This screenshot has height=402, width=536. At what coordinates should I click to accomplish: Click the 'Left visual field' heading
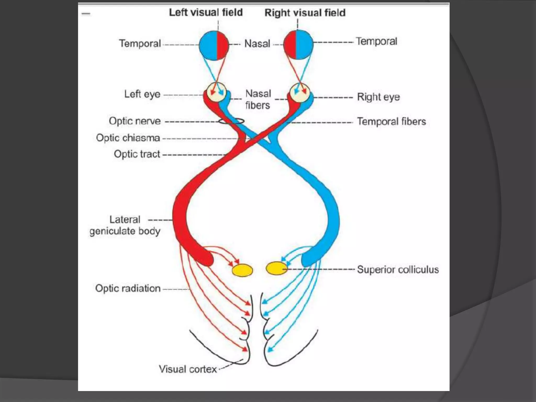click(206, 13)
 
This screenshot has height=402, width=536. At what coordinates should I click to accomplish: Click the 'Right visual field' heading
click(305, 13)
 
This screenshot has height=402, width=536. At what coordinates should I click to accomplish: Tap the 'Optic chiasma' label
click(128, 138)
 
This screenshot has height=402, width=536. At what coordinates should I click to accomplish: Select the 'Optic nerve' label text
click(135, 121)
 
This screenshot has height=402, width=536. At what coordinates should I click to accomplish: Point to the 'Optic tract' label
click(137, 154)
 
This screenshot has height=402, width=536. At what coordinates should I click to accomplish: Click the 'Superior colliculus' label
click(398, 270)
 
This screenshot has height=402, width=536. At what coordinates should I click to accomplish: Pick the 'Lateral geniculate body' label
click(125, 225)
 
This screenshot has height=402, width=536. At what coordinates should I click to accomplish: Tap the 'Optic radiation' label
click(128, 288)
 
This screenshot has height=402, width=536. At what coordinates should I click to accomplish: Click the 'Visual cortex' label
click(188, 369)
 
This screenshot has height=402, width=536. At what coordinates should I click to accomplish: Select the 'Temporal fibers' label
click(392, 122)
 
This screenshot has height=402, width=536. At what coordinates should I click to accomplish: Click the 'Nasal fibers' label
click(258, 99)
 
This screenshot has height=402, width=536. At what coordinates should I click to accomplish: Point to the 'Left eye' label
click(142, 94)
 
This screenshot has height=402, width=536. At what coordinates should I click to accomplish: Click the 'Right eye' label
click(378, 97)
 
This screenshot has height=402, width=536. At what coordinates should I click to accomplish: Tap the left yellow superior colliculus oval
click(242, 270)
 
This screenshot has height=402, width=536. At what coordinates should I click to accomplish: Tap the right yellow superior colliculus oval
click(276, 269)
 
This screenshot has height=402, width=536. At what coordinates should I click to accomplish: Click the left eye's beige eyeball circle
click(216, 92)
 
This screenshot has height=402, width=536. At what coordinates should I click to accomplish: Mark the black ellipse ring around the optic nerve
click(231, 121)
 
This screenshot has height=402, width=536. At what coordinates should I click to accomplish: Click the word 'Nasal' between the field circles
click(257, 44)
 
